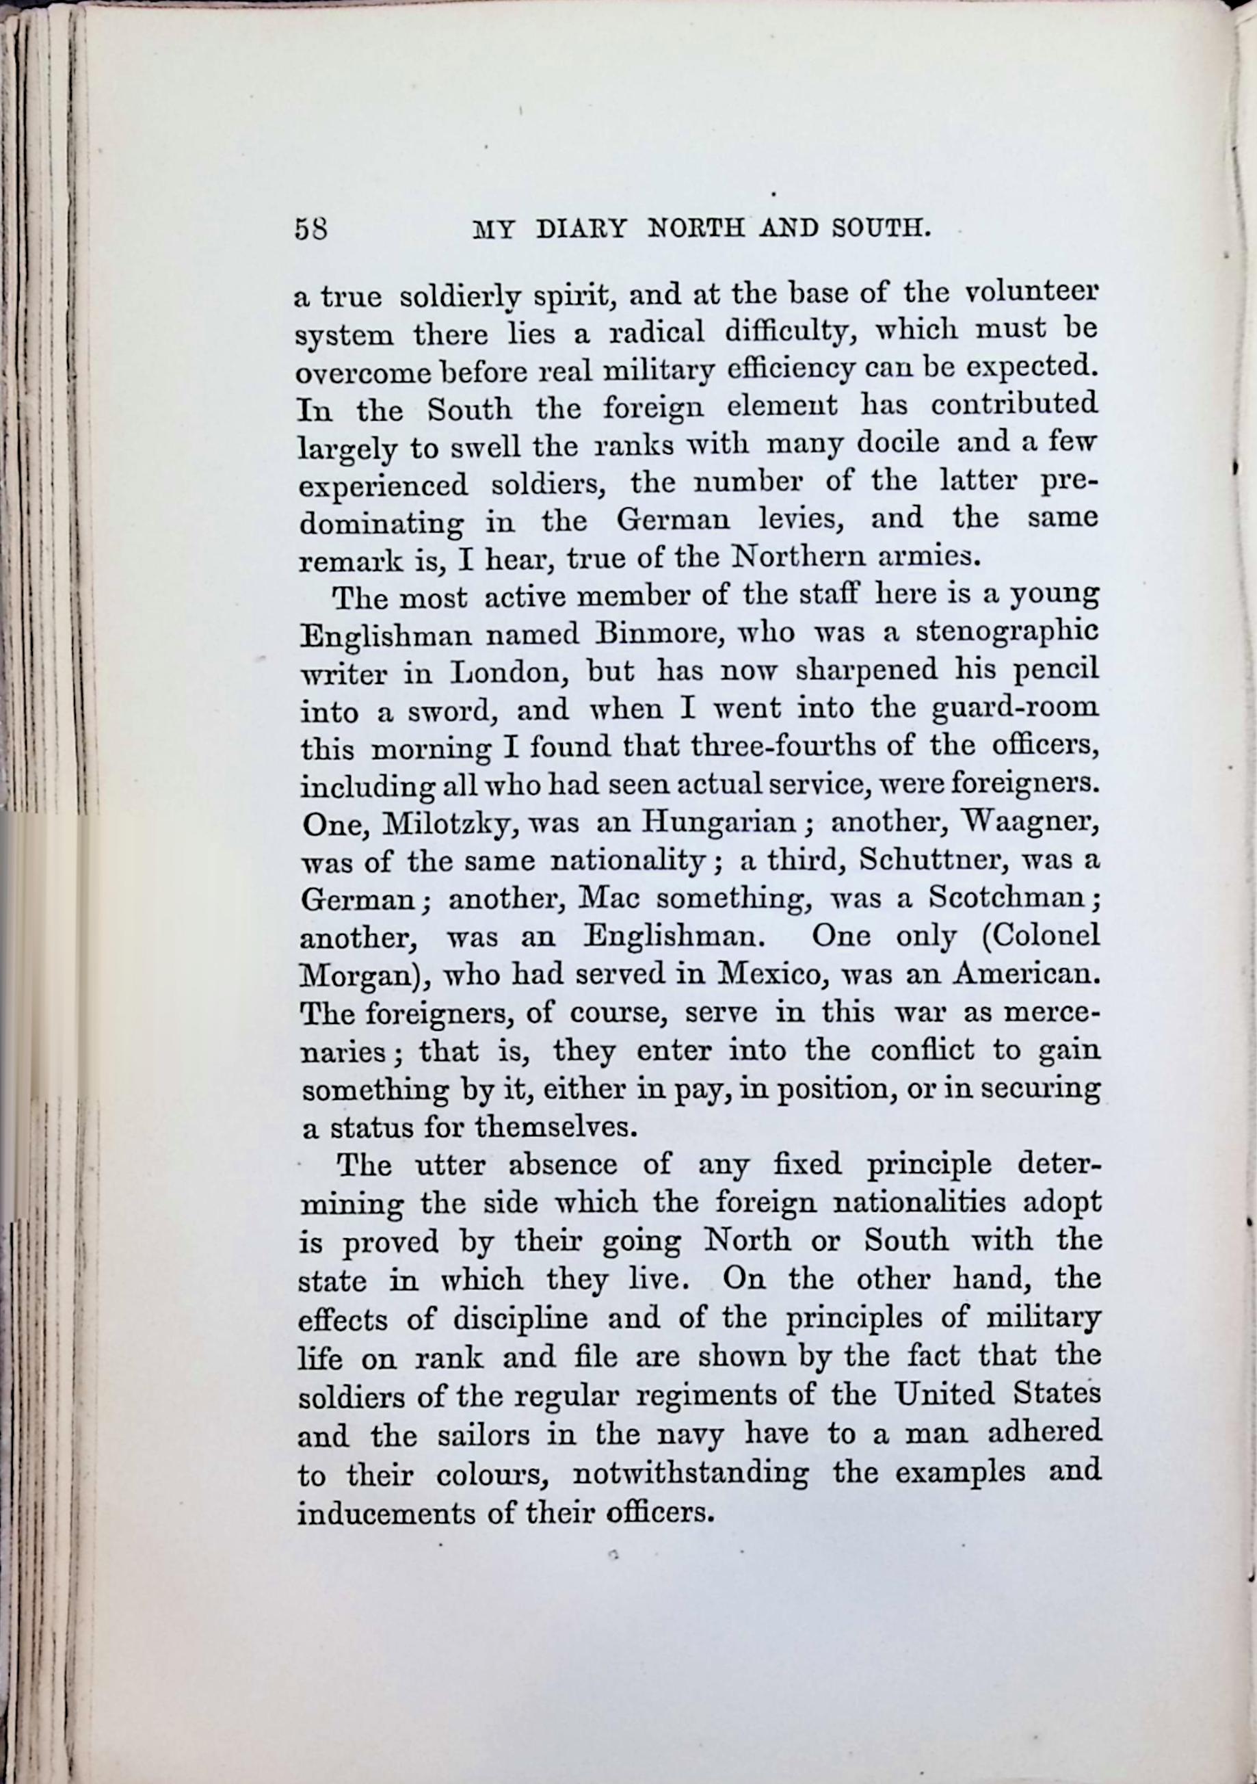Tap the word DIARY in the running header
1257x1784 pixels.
tap(581, 229)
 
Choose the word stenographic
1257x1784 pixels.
tap(1007, 631)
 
